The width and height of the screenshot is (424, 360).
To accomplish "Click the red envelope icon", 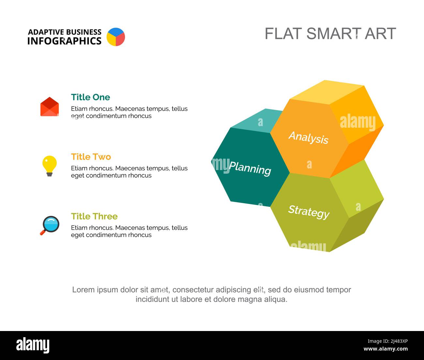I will [50, 107].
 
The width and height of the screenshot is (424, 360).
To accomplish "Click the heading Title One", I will [90, 97].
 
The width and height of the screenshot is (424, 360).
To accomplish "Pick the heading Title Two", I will [91, 157].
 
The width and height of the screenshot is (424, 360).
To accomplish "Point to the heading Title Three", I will [94, 216].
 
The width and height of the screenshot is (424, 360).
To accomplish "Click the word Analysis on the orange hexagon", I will [309, 137].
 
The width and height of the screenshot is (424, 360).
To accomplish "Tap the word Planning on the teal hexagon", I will [250, 168].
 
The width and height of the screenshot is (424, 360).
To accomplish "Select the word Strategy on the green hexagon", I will [309, 212].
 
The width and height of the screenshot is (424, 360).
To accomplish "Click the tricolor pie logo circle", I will [116, 37].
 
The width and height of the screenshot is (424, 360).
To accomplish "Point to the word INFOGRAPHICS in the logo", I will [64, 41].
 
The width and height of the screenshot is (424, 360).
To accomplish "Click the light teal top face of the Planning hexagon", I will [258, 121].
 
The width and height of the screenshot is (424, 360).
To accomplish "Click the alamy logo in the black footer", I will [33, 345].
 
